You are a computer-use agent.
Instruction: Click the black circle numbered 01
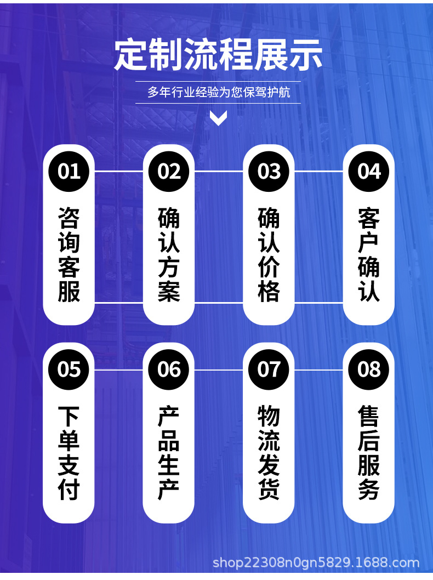click(69, 171)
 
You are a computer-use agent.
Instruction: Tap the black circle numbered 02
click(169, 171)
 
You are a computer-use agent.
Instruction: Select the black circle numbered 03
click(269, 171)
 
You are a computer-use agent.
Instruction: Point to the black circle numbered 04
click(369, 171)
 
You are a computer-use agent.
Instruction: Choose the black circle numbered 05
click(69, 369)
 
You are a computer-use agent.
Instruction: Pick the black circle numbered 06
click(169, 369)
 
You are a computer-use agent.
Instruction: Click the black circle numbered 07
click(269, 369)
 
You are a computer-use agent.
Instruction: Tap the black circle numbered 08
click(369, 369)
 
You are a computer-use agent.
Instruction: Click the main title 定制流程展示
click(218, 55)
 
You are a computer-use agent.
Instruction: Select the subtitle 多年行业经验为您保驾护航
click(218, 92)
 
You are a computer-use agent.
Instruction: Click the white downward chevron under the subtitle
click(218, 118)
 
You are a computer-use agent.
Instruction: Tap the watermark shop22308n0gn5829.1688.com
click(316, 562)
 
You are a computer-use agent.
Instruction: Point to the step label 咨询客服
click(69, 255)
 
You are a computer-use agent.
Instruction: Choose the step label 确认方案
click(169, 255)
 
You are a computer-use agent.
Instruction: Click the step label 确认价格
click(269, 255)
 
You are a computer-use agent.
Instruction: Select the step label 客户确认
click(369, 255)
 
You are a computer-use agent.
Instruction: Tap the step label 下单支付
click(69, 453)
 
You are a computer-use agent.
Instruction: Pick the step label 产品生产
click(169, 453)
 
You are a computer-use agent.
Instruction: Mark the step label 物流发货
click(269, 453)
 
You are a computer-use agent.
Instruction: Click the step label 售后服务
click(369, 453)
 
